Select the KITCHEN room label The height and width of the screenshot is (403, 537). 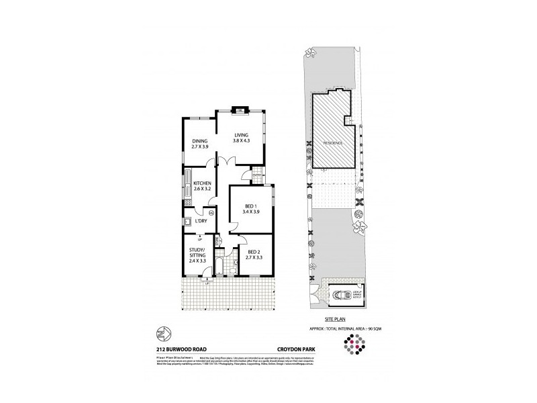coord(202,186)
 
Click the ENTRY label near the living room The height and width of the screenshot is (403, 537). coord(257,176)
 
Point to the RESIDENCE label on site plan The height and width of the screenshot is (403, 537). coord(334,143)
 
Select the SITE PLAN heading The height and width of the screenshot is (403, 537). coord(334,320)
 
